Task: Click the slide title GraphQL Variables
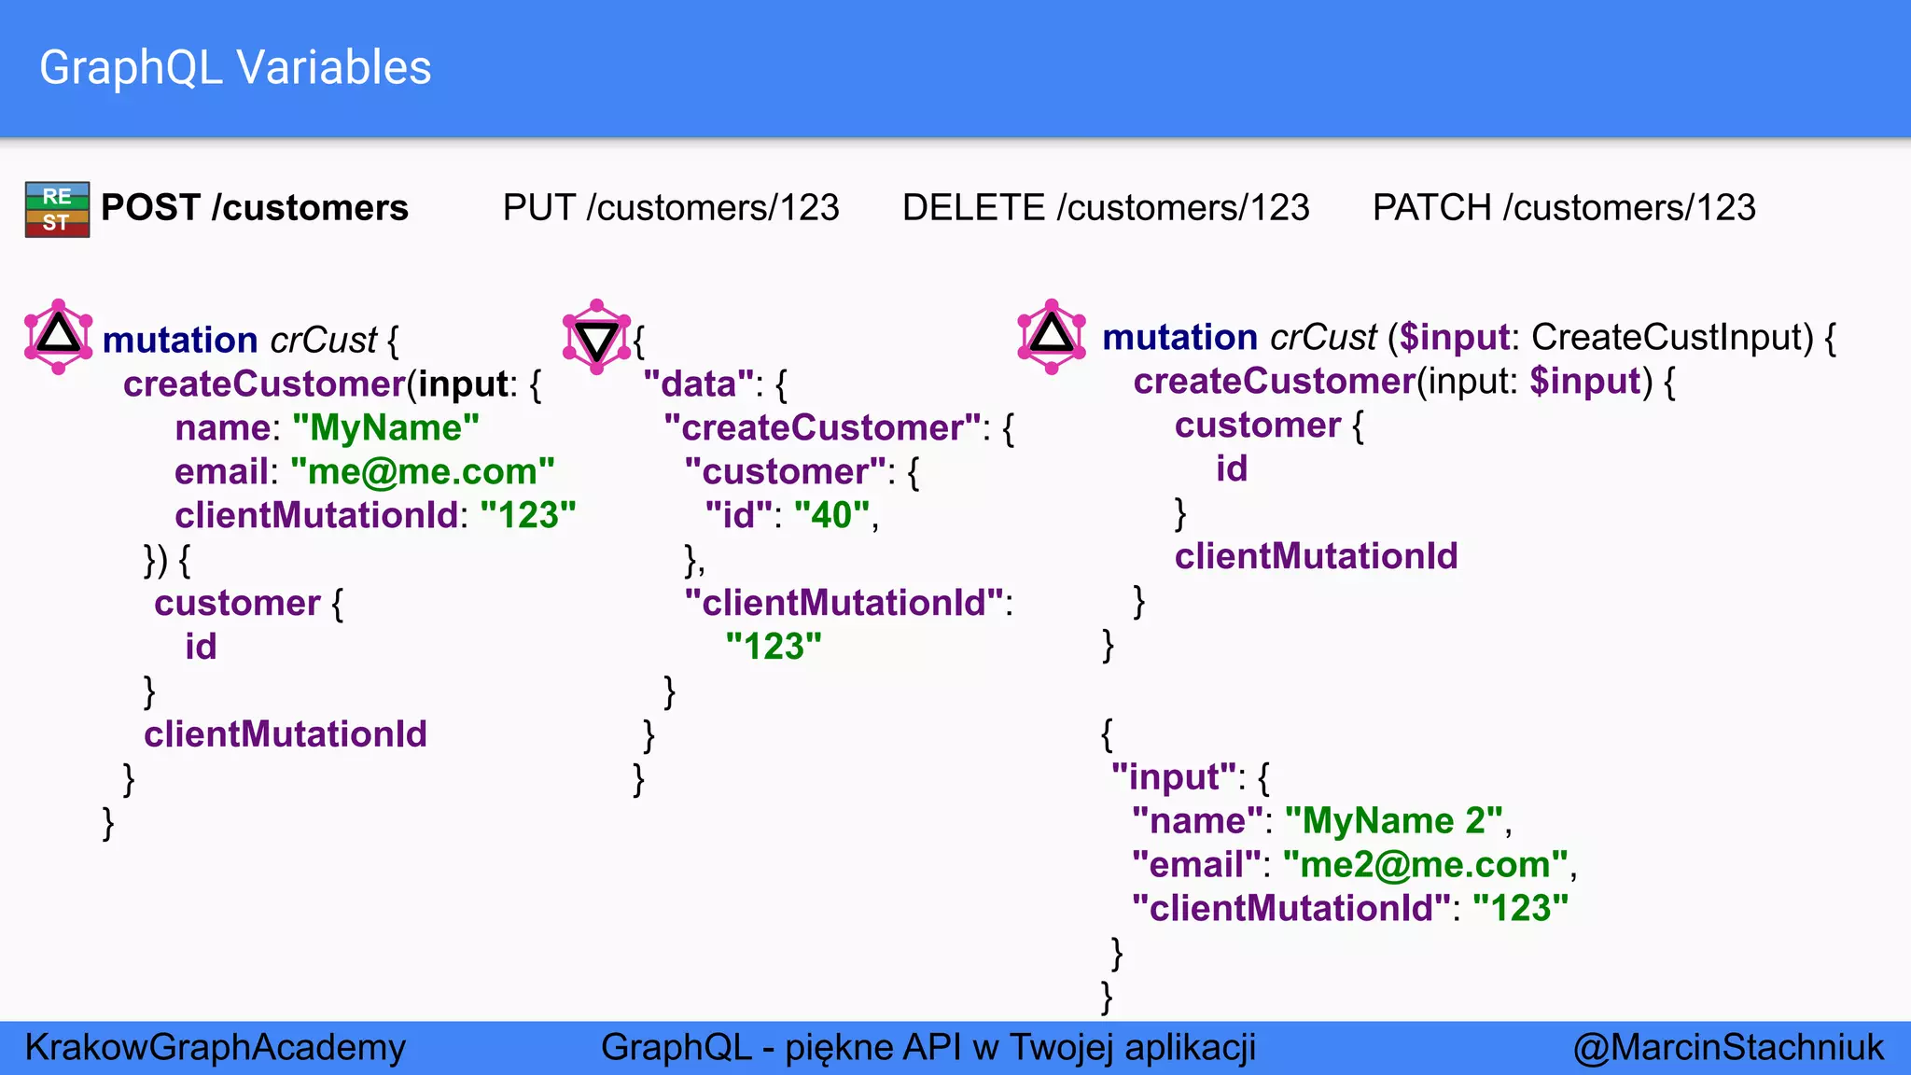click(x=235, y=68)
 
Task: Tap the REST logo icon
click(x=57, y=209)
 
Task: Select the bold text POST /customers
click(x=254, y=207)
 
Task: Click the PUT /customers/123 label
click(x=670, y=207)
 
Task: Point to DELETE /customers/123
click(x=1105, y=207)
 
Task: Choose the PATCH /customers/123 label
click(x=1563, y=207)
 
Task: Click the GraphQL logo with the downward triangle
click(x=596, y=337)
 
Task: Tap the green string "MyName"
click(x=385, y=427)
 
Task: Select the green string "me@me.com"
click(x=422, y=471)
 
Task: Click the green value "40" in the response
click(x=831, y=515)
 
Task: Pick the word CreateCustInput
click(x=1672, y=337)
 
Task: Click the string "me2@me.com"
click(x=1425, y=864)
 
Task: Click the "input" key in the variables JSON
click(x=1173, y=776)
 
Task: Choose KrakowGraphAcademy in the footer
click(x=215, y=1047)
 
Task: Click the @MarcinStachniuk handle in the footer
click(x=1727, y=1047)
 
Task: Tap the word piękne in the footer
click(x=844, y=1047)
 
